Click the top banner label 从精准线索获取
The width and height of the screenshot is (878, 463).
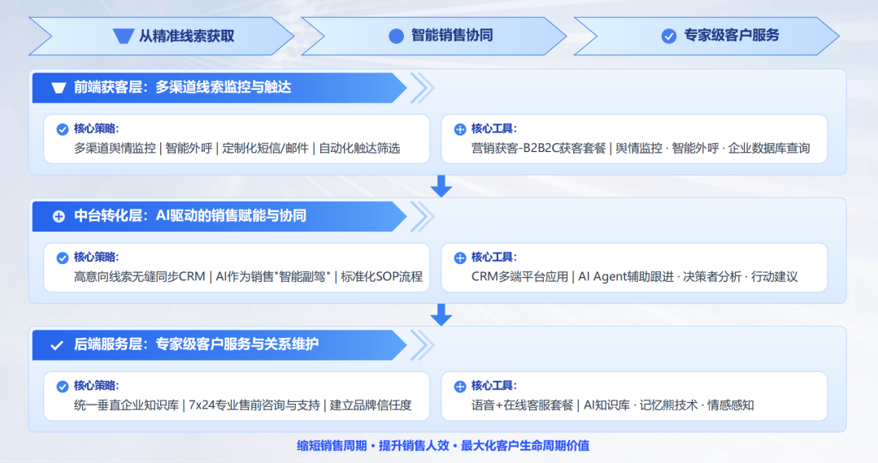[186, 36]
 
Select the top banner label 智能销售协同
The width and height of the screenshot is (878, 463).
[452, 36]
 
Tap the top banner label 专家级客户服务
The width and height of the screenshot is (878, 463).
[732, 36]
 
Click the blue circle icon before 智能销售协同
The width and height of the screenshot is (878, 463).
[397, 36]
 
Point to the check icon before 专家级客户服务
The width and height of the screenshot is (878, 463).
[669, 36]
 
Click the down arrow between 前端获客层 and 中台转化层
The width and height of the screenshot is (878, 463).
[441, 186]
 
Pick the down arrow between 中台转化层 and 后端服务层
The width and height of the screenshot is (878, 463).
[441, 314]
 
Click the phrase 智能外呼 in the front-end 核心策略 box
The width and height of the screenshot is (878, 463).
[189, 149]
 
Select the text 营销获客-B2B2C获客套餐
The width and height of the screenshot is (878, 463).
[539, 149]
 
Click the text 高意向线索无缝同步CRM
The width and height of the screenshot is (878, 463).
[139, 277]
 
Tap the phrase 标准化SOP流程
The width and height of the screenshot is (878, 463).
[382, 277]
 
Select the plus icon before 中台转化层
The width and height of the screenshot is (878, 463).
[58, 217]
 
